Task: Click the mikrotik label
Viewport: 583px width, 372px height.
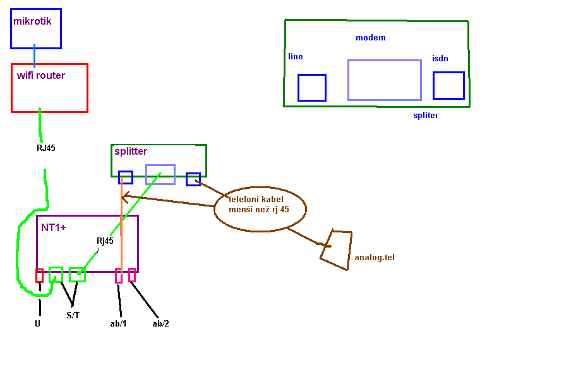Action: [x=32, y=21]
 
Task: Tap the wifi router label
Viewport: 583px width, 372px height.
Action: [x=41, y=76]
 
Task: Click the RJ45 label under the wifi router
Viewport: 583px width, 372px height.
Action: [x=46, y=149]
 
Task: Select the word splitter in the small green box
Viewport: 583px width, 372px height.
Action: [x=131, y=152]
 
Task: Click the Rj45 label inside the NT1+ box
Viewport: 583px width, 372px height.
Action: [x=105, y=241]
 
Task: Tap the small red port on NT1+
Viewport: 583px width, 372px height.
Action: [x=39, y=275]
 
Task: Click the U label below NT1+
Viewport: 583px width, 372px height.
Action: [x=38, y=323]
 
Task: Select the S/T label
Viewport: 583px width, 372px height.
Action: [x=73, y=315]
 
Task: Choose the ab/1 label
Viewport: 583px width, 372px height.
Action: [x=119, y=323]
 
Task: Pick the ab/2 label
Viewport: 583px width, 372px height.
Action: [x=160, y=323]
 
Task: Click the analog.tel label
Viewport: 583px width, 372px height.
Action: [x=375, y=258]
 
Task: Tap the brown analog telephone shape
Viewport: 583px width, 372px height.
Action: [x=337, y=249]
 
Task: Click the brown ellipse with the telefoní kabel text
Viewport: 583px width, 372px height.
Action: [x=260, y=207]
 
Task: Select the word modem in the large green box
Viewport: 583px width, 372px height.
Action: [x=371, y=38]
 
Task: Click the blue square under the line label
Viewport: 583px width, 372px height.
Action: [x=311, y=88]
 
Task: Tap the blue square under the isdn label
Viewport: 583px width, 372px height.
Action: [x=448, y=85]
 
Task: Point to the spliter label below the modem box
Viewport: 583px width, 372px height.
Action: [x=426, y=116]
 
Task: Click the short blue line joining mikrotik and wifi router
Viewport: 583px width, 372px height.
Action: [x=35, y=56]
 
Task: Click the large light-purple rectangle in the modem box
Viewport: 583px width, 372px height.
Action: [x=384, y=80]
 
